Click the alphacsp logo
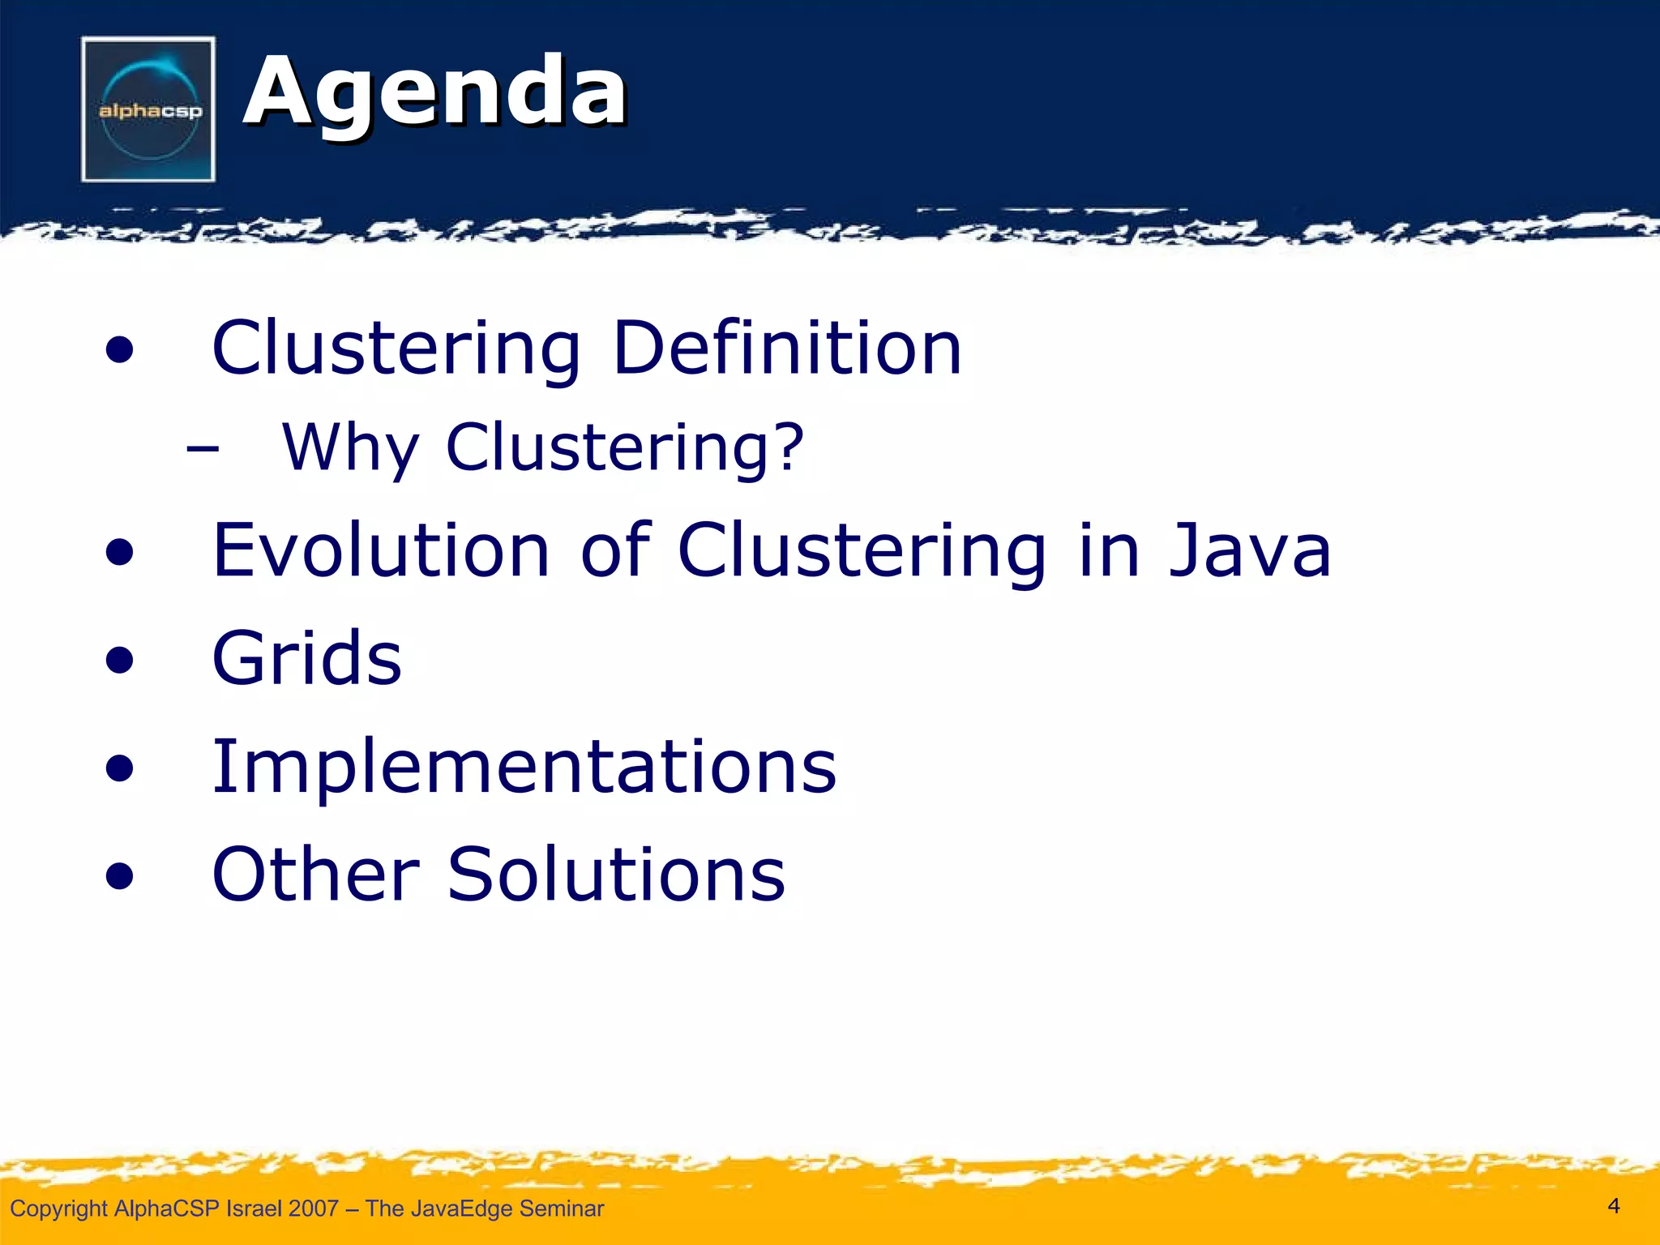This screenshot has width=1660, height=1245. pyautogui.click(x=148, y=109)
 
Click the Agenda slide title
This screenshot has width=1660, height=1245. pyautogui.click(x=435, y=92)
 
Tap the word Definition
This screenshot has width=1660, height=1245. pyautogui.click(x=787, y=348)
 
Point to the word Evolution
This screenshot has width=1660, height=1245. pyautogui.click(x=382, y=550)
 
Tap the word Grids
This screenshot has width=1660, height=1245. pyautogui.click(x=306, y=658)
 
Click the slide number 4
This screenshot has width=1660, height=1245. pyautogui.click(x=1613, y=1206)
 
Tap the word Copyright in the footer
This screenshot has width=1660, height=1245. pyautogui.click(x=58, y=1209)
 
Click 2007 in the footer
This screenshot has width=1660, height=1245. pyautogui.click(x=313, y=1209)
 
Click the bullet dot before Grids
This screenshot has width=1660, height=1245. pyautogui.click(x=119, y=661)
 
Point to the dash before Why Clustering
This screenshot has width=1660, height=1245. pyautogui.click(x=202, y=447)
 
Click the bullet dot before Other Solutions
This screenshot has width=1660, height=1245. pyautogui.click(x=119, y=876)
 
